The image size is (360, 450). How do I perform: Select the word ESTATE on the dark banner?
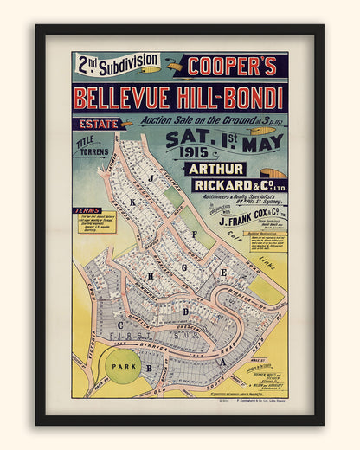96,124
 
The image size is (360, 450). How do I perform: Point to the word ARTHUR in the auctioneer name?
215,169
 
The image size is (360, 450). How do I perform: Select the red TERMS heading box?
88,210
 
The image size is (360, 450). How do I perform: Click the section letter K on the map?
132,202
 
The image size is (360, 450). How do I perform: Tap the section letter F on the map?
195,235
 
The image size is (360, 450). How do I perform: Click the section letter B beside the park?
149,369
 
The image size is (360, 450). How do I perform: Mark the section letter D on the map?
185,311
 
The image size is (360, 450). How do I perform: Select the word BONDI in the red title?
250,96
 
